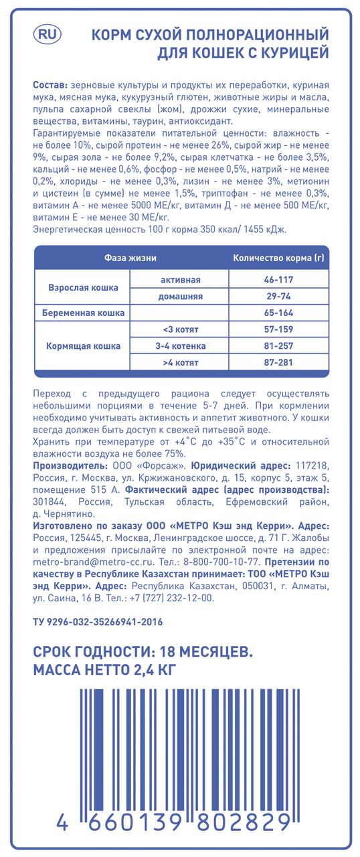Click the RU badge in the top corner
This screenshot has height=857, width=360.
tap(46, 33)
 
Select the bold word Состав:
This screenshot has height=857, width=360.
tap(49, 86)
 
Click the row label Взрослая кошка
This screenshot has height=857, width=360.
tap(83, 287)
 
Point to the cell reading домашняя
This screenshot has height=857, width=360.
tap(180, 296)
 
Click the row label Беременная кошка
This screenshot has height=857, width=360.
tap(84, 313)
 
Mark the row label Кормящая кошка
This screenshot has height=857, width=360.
tap(83, 346)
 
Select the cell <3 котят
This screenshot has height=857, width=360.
tap(180, 329)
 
